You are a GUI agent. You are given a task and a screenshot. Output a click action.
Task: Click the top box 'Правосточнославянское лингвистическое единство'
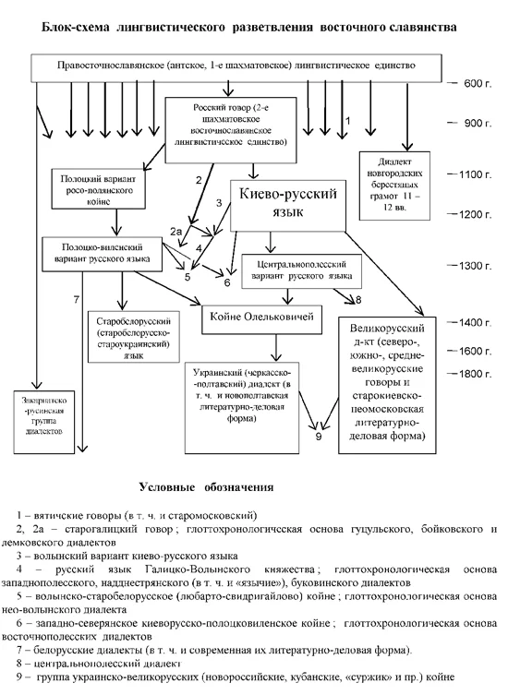(235, 67)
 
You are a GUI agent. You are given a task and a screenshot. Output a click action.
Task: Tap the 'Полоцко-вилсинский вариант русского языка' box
(99, 253)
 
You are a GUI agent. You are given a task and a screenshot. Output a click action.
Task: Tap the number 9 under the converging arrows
(319, 437)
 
